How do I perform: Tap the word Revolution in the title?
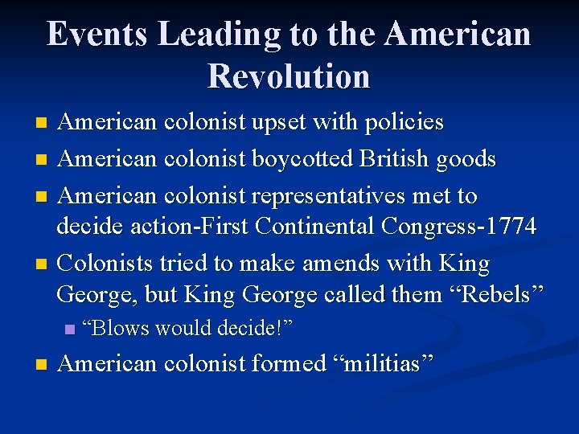pos(289,76)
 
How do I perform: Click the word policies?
pos(402,123)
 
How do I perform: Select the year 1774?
pos(509,227)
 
